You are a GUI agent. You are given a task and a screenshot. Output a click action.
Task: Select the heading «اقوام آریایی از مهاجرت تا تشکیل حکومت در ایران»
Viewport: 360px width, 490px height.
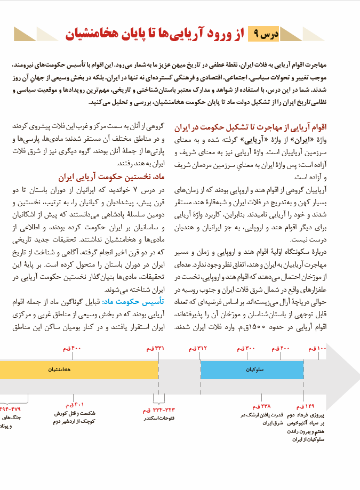point(250,128)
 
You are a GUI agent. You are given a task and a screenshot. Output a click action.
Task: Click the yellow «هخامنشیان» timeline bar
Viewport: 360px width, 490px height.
point(75,369)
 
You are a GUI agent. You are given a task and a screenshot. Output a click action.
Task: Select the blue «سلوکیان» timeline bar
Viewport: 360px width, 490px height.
point(252,369)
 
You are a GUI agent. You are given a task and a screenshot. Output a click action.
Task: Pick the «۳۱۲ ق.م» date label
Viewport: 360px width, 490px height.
point(198,349)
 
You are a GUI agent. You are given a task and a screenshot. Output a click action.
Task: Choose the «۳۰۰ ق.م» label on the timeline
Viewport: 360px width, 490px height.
point(247,349)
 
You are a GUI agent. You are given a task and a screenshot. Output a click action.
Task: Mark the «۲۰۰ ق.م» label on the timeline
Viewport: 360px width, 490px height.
point(281,349)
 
